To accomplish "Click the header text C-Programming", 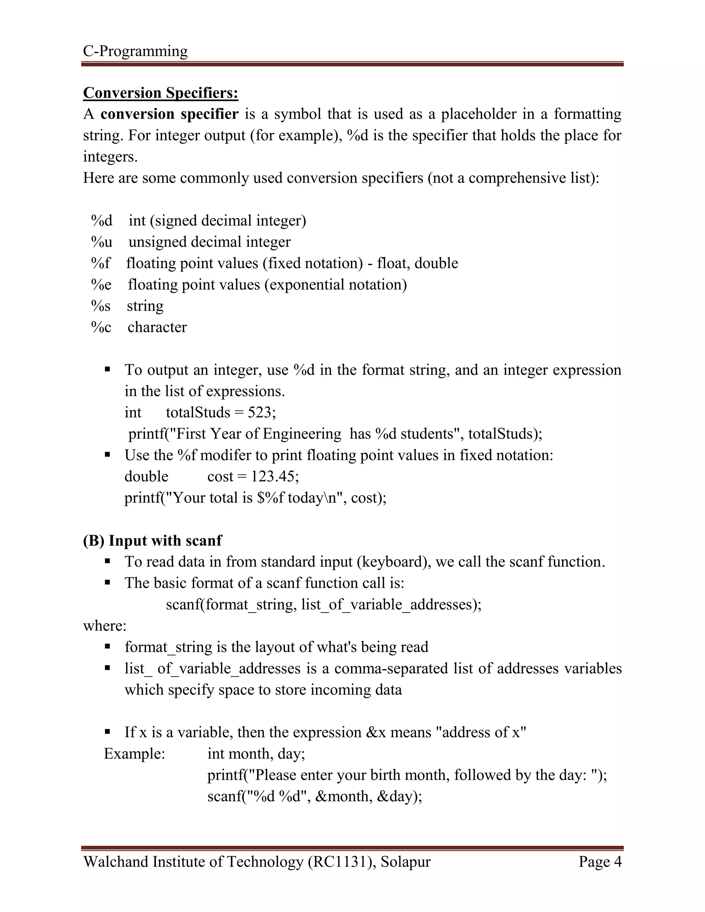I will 135,51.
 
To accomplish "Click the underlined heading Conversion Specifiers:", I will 160,93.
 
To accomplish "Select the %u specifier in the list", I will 102,242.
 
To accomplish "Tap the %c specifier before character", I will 101,327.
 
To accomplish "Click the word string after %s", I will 145,306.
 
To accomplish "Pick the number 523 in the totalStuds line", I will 259,413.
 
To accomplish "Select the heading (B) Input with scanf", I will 152,540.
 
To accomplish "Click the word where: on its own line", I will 104,626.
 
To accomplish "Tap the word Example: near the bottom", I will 135,753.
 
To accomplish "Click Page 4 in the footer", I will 600,861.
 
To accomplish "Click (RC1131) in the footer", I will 340,861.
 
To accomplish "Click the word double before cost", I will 146,476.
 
